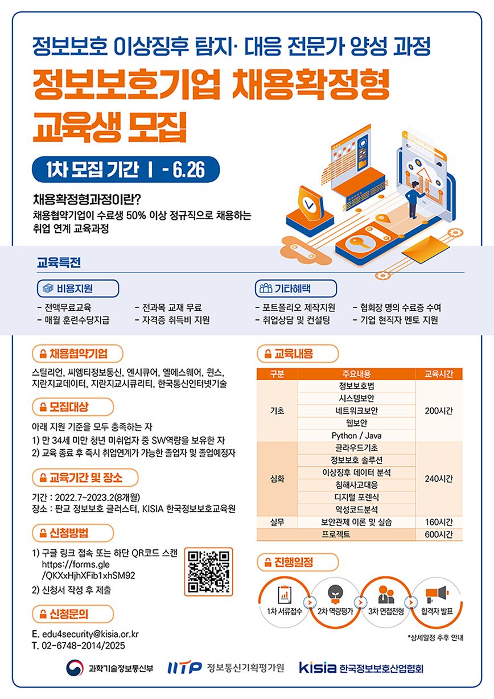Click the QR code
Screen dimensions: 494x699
point(208,571)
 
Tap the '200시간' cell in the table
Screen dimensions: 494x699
point(438,410)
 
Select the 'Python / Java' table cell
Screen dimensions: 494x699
point(356,435)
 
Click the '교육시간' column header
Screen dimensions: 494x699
point(438,374)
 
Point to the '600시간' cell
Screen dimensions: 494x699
point(438,534)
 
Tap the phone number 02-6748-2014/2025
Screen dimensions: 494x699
point(83,645)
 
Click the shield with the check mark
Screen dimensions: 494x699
point(310,202)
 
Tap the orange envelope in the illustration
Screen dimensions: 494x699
point(426,250)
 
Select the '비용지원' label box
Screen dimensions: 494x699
point(78,289)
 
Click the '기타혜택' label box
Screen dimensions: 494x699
point(296,289)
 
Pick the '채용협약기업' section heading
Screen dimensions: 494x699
point(78,353)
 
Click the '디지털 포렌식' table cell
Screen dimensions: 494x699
point(356,497)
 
